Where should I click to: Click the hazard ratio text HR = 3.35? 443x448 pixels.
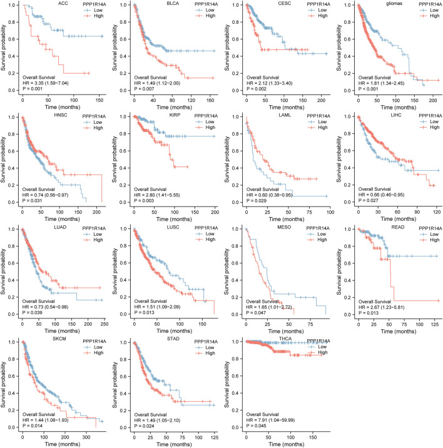point(51,80)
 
